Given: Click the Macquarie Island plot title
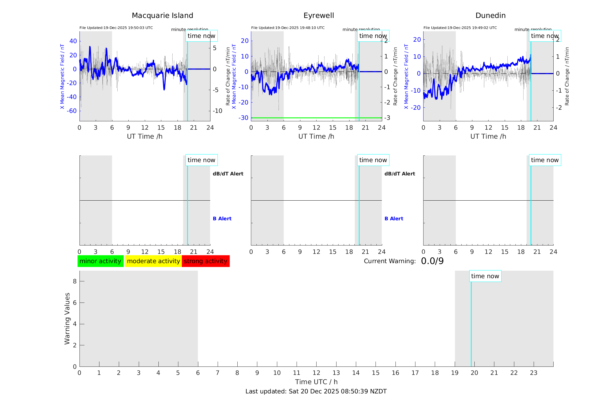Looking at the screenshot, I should click(x=162, y=16).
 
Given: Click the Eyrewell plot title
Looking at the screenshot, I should click(x=319, y=16).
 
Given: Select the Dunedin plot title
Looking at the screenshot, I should click(x=490, y=16).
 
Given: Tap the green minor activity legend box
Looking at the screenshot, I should click(x=100, y=261).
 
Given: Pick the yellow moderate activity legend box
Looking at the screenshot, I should click(x=153, y=261).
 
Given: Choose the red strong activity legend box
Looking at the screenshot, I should click(x=206, y=261).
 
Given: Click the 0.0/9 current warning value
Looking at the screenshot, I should click(x=432, y=261).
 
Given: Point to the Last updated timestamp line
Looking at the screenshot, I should click(x=316, y=391).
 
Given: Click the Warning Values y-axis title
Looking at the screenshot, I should click(x=67, y=318).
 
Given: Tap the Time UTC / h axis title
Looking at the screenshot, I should click(x=316, y=382).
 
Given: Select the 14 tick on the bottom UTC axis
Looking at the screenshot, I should click(x=356, y=373).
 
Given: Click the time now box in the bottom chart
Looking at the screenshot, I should click(x=485, y=276).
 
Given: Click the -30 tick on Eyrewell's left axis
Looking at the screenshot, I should click(x=243, y=118).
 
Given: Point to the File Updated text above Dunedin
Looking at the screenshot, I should click(x=460, y=28).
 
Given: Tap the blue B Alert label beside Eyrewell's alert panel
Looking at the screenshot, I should click(x=394, y=219).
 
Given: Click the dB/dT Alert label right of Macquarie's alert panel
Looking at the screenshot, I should click(x=228, y=174).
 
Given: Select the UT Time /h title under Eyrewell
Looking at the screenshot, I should click(x=316, y=136).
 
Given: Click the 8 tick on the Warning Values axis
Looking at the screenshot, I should click(x=75, y=281).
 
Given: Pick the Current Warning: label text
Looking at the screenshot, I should click(x=390, y=261).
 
